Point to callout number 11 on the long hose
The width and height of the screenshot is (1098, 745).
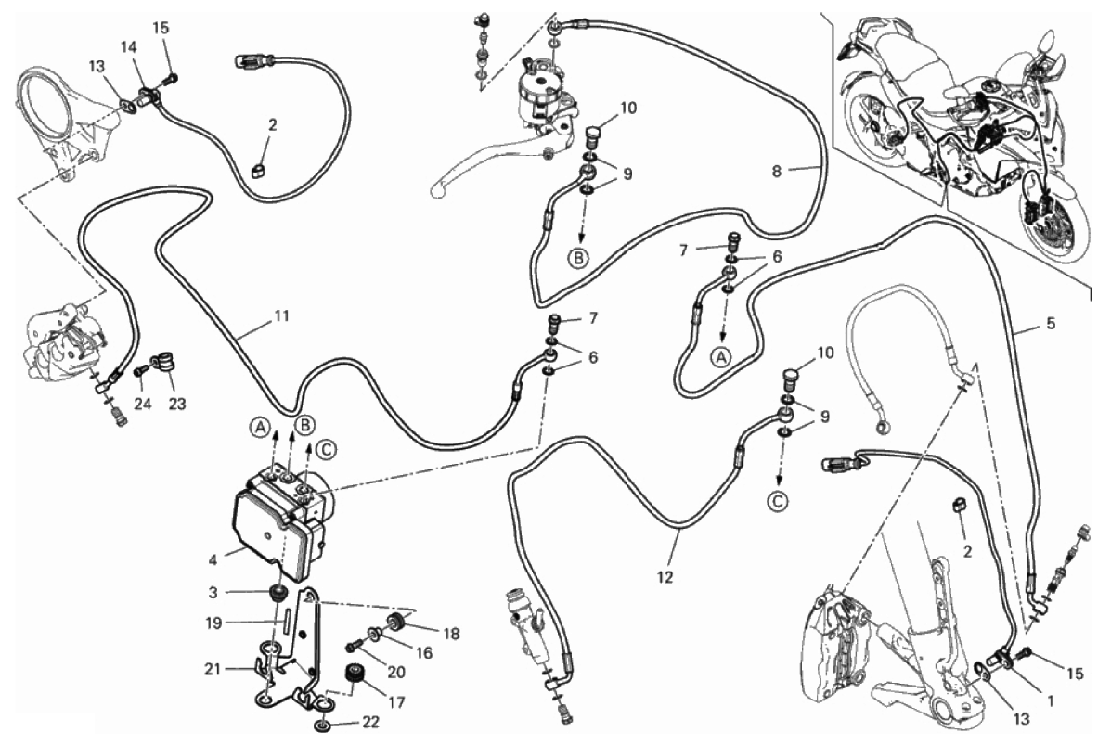point(281,315)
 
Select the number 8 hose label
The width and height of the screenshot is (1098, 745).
point(777,171)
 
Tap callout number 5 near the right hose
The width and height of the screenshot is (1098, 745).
point(1050,324)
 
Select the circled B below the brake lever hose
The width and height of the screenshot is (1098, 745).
point(577,258)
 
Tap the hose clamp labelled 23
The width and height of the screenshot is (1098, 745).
point(161,360)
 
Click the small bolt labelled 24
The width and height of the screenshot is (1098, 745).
point(141,370)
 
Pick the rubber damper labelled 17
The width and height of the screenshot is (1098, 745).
point(352,675)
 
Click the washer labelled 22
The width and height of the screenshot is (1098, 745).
point(321,724)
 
